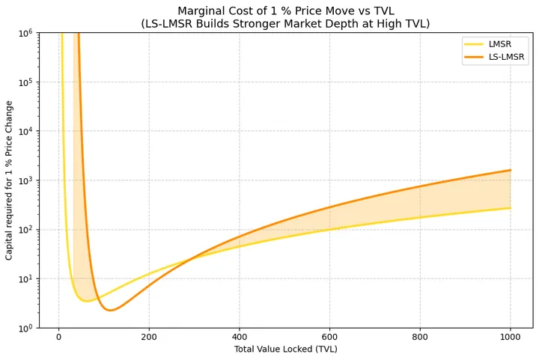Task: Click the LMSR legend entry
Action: (x=499, y=44)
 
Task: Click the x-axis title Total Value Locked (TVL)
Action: (x=285, y=350)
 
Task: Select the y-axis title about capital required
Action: (x=10, y=180)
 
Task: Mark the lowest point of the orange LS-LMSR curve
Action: (x=110, y=310)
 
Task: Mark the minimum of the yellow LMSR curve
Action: (x=87, y=301)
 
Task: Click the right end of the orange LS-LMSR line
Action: (x=511, y=170)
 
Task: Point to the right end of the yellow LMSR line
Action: (x=511, y=208)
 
